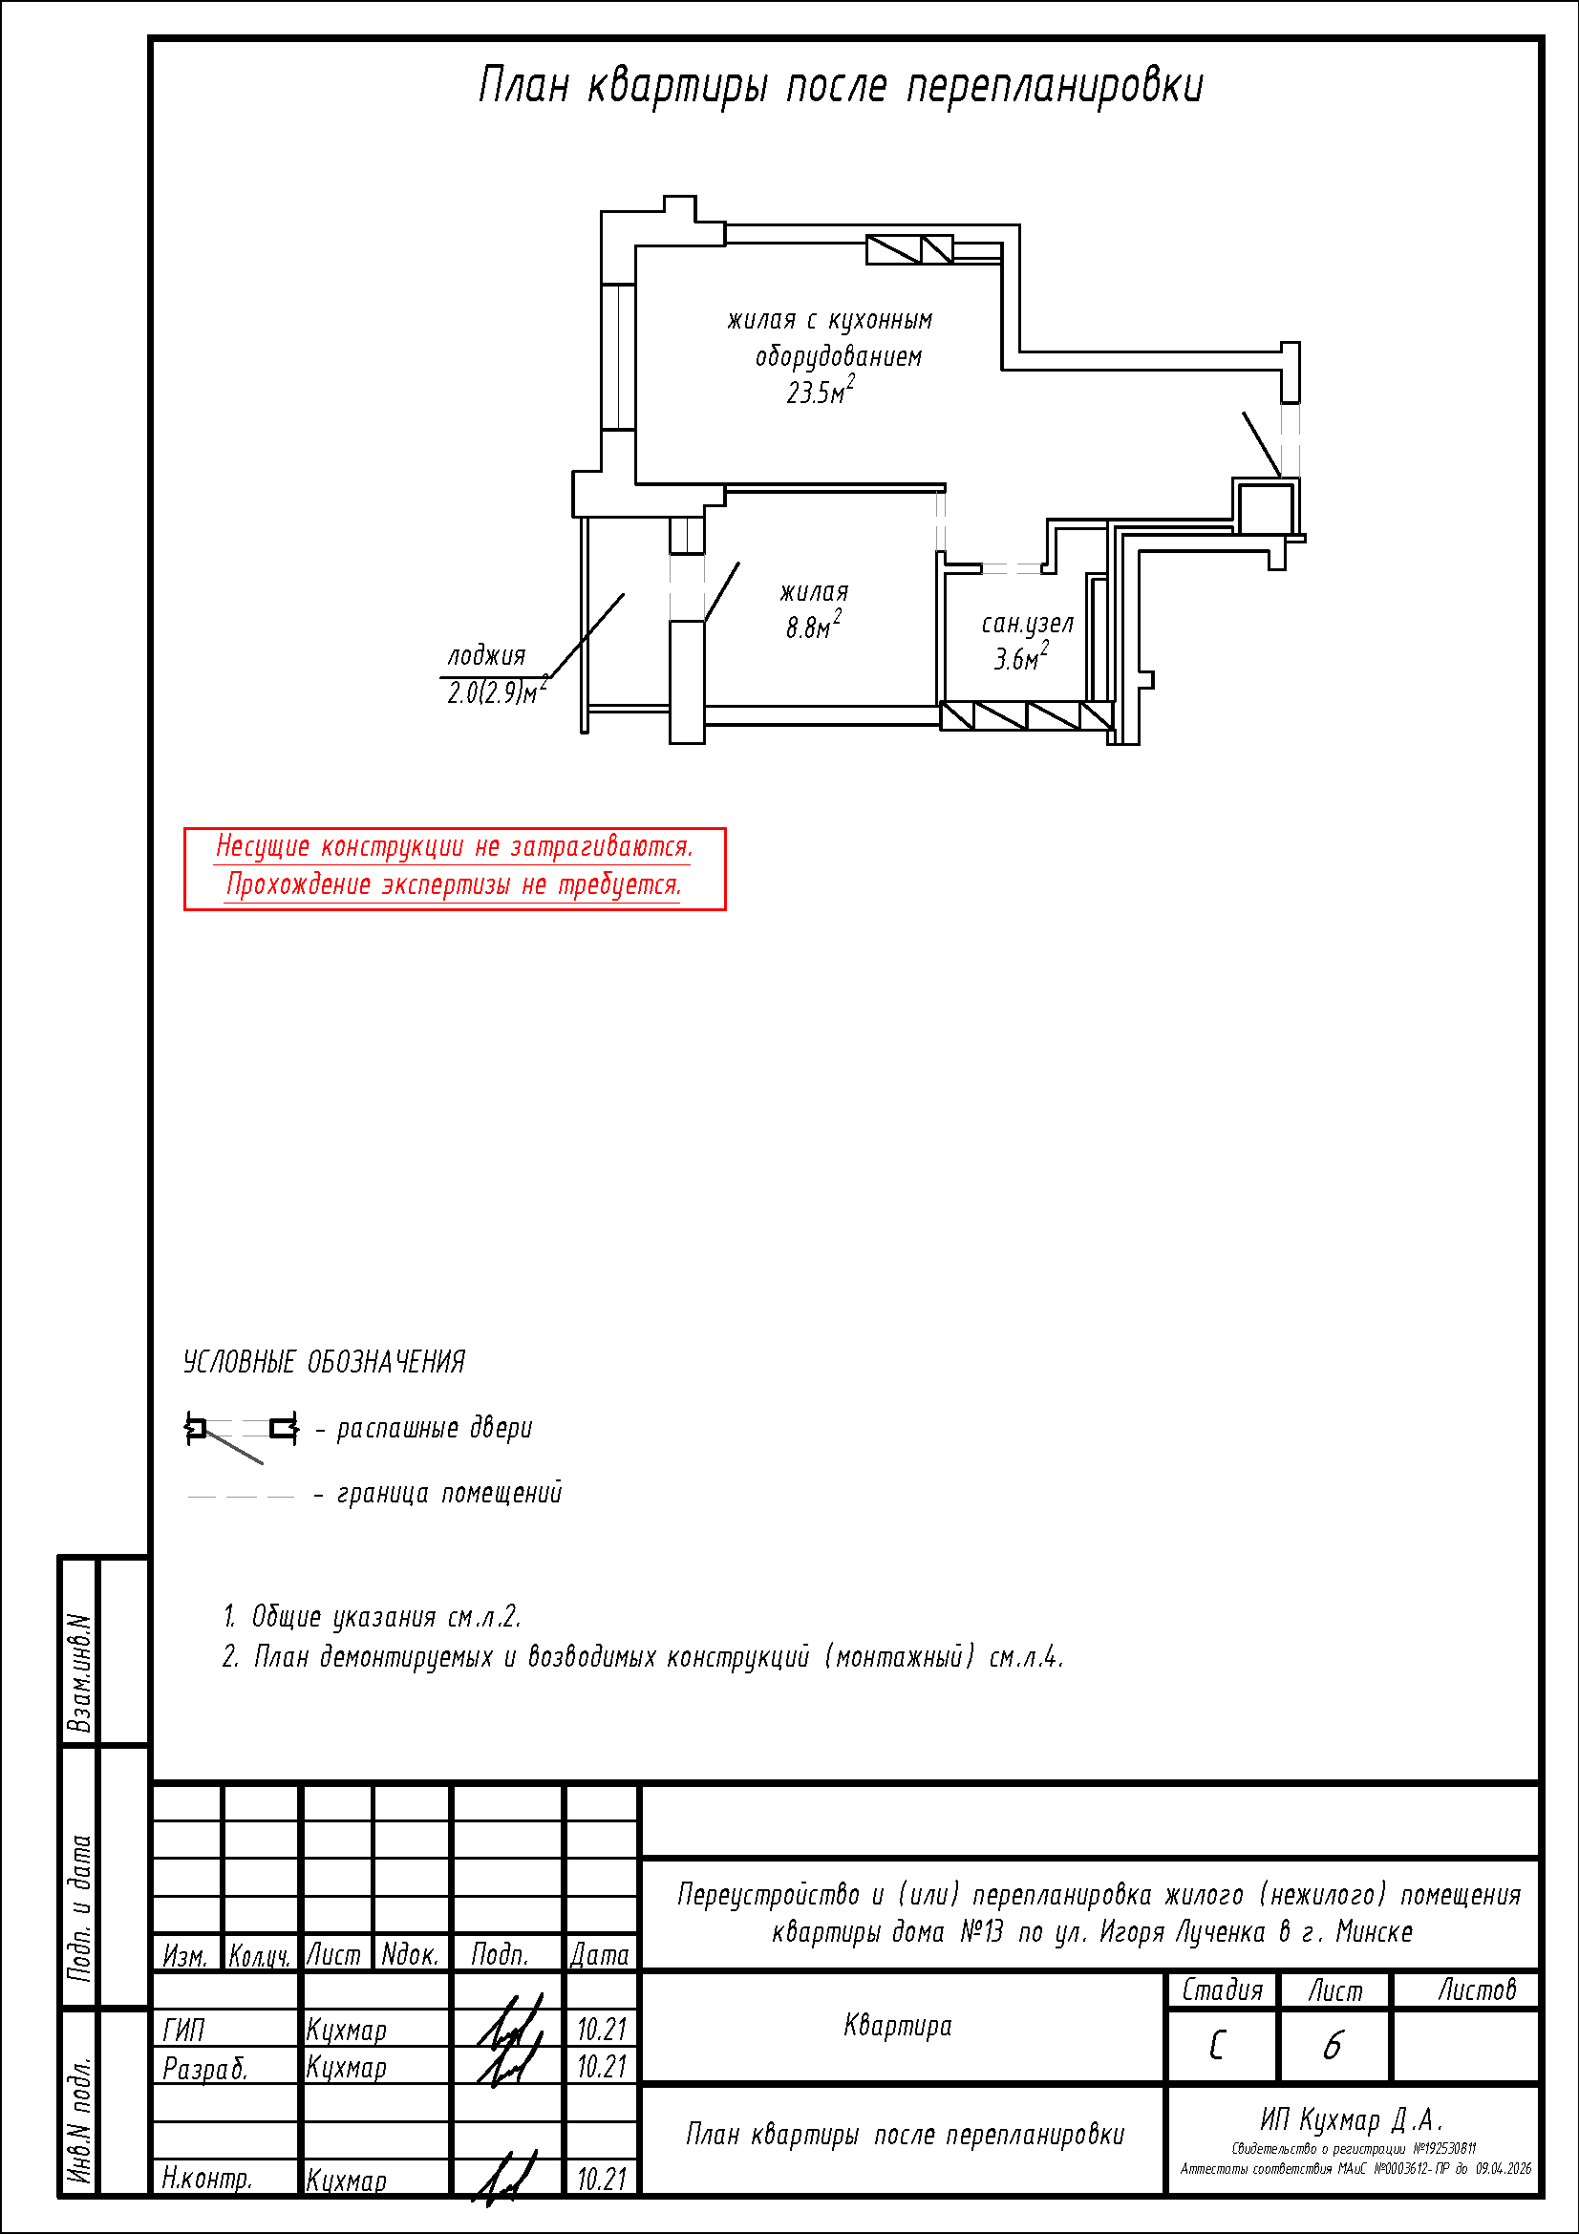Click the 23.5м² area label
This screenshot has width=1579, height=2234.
(x=821, y=392)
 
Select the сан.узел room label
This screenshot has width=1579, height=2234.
(x=1027, y=624)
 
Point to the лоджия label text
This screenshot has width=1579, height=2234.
(x=486, y=656)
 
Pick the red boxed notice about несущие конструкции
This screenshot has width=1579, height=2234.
(x=455, y=868)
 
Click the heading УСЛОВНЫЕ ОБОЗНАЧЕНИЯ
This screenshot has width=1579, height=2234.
(x=324, y=1362)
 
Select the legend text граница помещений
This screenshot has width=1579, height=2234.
(x=449, y=1494)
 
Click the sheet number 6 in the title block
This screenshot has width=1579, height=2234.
(x=1333, y=2046)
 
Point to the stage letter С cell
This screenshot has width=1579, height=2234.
(x=1218, y=2046)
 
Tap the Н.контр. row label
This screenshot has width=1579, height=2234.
(x=207, y=2179)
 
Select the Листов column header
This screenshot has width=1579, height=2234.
(x=1477, y=1990)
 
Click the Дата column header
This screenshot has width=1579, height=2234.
(x=599, y=1955)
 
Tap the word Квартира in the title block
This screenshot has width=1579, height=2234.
(x=898, y=2026)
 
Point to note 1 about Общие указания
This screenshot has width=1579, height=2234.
(x=373, y=1617)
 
